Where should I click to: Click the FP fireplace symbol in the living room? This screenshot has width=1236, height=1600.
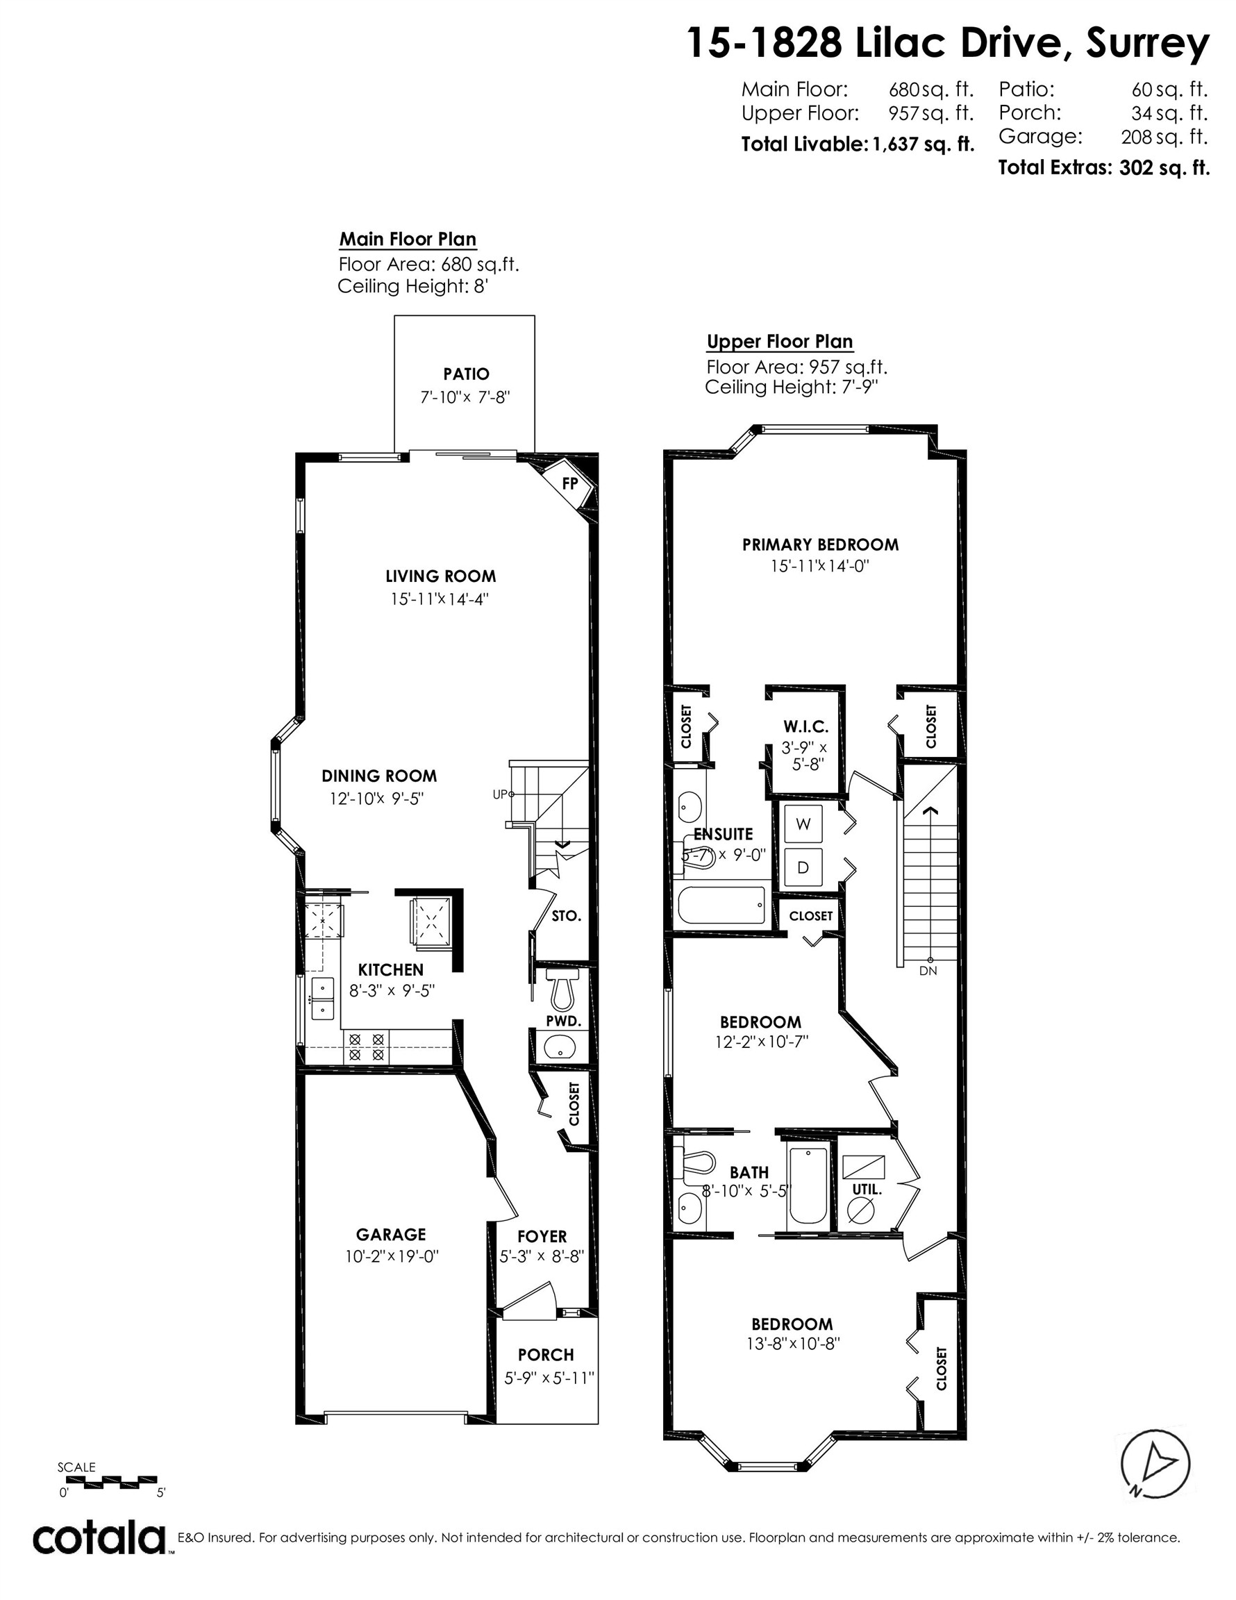coord(569,483)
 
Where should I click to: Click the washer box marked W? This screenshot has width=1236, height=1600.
coord(803,824)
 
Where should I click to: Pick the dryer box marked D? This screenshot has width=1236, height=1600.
coord(803,867)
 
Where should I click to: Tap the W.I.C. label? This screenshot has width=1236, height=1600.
coord(805,727)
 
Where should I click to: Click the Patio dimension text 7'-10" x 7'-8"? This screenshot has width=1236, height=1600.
coord(465,398)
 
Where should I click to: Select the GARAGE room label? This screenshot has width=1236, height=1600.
coord(390,1235)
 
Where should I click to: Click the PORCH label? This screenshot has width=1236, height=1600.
coord(546,1355)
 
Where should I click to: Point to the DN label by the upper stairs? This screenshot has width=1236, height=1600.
coord(928,971)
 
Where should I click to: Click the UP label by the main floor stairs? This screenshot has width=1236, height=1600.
coord(500,794)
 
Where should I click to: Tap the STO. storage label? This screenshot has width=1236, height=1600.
coord(567,916)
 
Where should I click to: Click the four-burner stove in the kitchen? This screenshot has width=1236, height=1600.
coord(367,1047)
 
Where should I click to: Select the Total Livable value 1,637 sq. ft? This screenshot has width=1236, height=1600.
coord(923,144)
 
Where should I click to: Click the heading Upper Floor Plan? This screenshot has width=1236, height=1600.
coord(780,342)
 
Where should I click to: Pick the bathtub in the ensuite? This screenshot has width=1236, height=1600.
coord(721,906)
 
